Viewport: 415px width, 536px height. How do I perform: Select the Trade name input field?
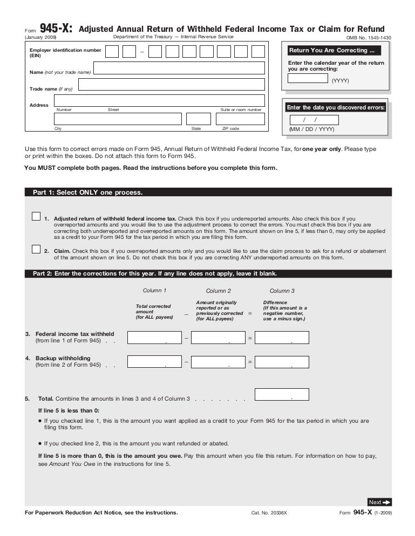[172, 85]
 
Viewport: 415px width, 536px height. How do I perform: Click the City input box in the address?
[118, 119]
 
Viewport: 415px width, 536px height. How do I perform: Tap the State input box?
[198, 119]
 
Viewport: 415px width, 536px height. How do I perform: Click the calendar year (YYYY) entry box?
[308, 78]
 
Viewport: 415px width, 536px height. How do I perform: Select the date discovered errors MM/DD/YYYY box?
[314, 120]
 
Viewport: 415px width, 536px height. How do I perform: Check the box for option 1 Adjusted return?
[36, 216]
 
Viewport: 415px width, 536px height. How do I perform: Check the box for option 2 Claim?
[36, 249]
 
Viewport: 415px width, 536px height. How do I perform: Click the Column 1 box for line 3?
[154, 338]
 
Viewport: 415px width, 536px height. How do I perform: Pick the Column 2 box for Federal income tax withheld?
[219, 338]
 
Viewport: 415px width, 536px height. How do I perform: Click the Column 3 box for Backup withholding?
[282, 362]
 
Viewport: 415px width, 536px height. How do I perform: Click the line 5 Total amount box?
[282, 394]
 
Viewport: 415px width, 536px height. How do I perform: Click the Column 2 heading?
[218, 291]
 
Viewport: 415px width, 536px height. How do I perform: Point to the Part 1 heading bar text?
[88, 192]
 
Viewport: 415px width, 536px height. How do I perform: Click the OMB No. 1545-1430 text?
[369, 38]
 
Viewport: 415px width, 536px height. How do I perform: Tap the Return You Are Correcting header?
[332, 51]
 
